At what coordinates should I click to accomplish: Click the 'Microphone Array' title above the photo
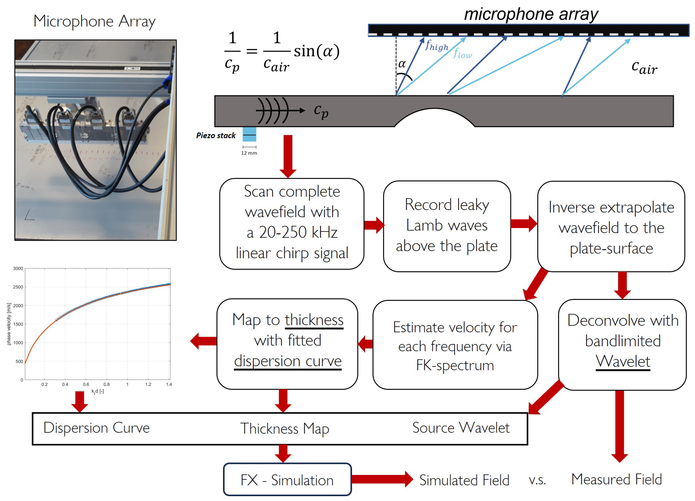coord(94,22)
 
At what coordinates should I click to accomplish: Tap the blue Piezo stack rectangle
coord(249,134)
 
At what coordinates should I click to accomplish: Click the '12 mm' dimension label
coord(249,153)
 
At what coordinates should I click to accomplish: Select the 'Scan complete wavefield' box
coord(292,224)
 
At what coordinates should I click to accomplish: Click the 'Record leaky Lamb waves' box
coord(447,226)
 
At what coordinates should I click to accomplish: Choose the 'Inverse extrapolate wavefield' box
coord(611,227)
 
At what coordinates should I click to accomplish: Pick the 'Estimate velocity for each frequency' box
coord(455,345)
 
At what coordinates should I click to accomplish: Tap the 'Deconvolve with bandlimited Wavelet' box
coord(622,345)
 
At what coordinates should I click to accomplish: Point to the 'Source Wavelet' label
coord(461,428)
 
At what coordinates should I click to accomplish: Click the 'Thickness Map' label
coord(284,428)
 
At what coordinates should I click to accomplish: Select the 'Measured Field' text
coord(616,479)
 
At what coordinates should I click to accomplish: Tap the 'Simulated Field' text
coord(464,480)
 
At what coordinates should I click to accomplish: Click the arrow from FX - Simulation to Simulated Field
coord(382,479)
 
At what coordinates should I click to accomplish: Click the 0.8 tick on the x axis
coord(106,385)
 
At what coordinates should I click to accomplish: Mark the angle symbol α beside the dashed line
coord(402,64)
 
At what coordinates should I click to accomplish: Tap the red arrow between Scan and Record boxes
coord(374,225)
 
